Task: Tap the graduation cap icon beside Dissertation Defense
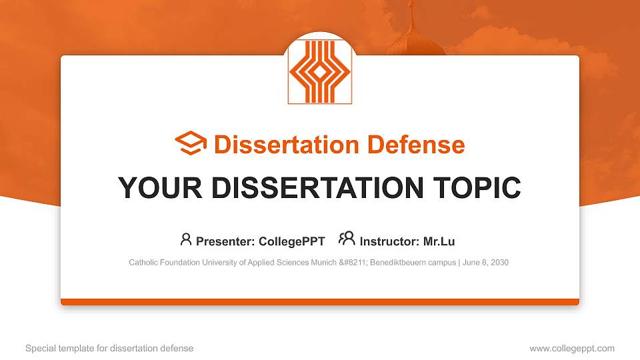(x=191, y=144)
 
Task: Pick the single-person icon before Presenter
(x=186, y=239)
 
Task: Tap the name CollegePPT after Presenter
(x=293, y=241)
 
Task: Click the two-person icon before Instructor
(x=347, y=239)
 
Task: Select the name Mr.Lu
(x=439, y=241)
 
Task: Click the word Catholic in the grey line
(x=143, y=263)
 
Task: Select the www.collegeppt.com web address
(x=572, y=348)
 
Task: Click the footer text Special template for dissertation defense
(x=109, y=348)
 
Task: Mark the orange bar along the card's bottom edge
(x=320, y=302)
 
